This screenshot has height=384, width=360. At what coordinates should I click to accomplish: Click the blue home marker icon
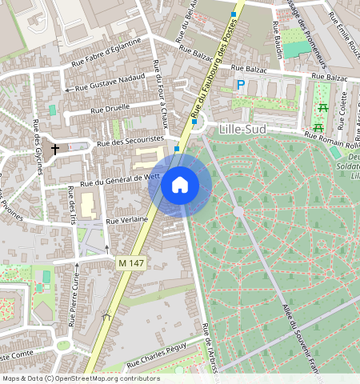(x=180, y=186)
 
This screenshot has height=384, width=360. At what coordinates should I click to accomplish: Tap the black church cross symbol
(x=56, y=149)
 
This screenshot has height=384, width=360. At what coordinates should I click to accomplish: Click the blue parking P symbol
(x=240, y=84)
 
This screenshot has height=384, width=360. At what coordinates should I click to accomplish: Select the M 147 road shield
(x=130, y=262)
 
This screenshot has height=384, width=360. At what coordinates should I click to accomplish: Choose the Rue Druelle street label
(x=110, y=108)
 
